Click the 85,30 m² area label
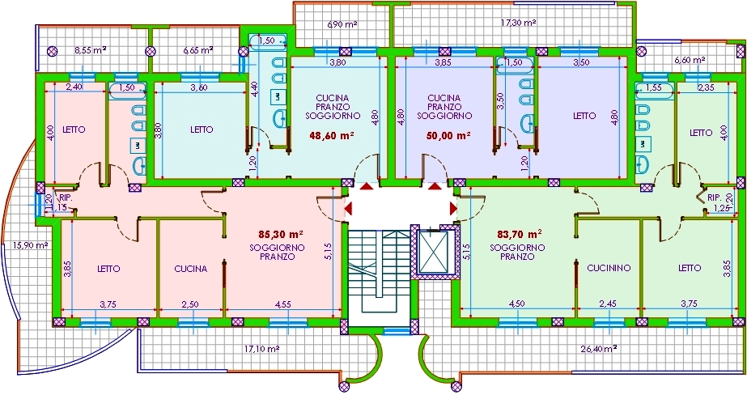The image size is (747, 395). pyautogui.click(x=281, y=235)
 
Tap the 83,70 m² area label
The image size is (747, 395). pyautogui.click(x=519, y=235)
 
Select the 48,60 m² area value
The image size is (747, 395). pyautogui.click(x=332, y=135)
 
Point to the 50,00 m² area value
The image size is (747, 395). pyautogui.click(x=448, y=135)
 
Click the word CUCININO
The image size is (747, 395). pyautogui.click(x=609, y=268)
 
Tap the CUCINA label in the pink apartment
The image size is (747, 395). pyautogui.click(x=190, y=269)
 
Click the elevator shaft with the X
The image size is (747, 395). pyautogui.click(x=432, y=252)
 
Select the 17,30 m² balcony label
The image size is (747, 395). pyautogui.click(x=518, y=23)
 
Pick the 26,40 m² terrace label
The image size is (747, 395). pyautogui.click(x=598, y=349)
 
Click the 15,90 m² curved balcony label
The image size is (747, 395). pyautogui.click(x=30, y=245)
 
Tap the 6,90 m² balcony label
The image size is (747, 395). pyautogui.click(x=342, y=24)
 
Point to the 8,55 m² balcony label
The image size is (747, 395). pyautogui.click(x=90, y=49)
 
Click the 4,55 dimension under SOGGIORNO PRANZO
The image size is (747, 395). pyautogui.click(x=283, y=305)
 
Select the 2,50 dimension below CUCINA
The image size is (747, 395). pyautogui.click(x=190, y=305)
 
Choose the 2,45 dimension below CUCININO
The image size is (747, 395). pyautogui.click(x=609, y=304)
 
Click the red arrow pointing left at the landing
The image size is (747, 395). pyautogui.click(x=348, y=208)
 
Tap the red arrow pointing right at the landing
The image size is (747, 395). pyautogui.click(x=453, y=208)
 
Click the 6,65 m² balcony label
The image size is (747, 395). pyautogui.click(x=197, y=49)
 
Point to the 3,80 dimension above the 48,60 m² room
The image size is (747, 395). pyautogui.click(x=337, y=62)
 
